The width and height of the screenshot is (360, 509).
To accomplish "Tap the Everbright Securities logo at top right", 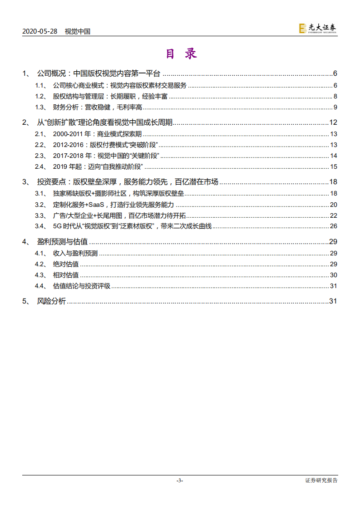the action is click(318, 29).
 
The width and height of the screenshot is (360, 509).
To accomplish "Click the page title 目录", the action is click(181, 54).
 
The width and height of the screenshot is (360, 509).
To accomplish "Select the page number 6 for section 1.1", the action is click(335, 85).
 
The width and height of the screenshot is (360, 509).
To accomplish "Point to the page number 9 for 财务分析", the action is click(335, 107).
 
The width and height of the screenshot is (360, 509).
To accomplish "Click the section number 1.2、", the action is click(41, 96).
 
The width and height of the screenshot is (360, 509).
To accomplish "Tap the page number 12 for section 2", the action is click(333, 122).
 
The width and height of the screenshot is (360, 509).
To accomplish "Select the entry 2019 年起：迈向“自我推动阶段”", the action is click(98, 166).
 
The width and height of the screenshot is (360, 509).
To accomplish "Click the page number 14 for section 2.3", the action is click(333, 156).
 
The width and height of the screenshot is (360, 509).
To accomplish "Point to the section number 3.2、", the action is click(41, 205).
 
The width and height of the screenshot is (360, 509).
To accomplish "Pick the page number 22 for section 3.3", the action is click(333, 215).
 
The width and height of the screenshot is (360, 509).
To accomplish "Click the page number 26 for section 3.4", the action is click(333, 226).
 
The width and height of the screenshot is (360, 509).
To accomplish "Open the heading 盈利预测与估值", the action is click(62, 242).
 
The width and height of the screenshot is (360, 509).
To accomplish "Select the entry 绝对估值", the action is click(66, 264).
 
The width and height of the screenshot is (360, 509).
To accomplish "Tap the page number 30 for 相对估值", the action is click(333, 275).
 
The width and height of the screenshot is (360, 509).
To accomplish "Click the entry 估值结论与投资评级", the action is click(82, 286).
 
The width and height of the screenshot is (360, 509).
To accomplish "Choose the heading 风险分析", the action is click(51, 301).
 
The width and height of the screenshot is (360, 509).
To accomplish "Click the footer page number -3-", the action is click(180, 480).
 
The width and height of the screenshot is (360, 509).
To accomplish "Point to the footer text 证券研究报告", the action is click(321, 480).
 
